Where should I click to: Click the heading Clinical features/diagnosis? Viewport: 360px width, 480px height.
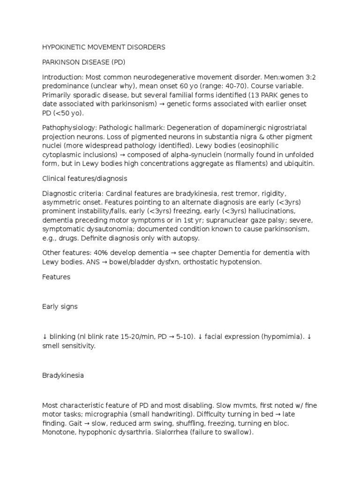84,179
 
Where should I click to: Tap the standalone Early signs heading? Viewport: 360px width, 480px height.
60,307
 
